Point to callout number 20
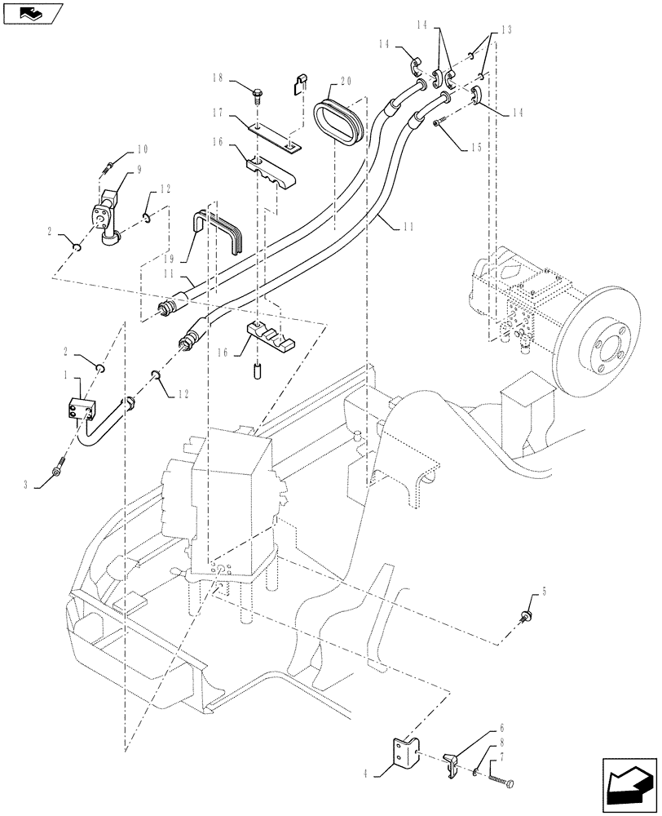click(x=346, y=82)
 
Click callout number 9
click(x=139, y=170)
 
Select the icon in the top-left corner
click(x=32, y=12)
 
